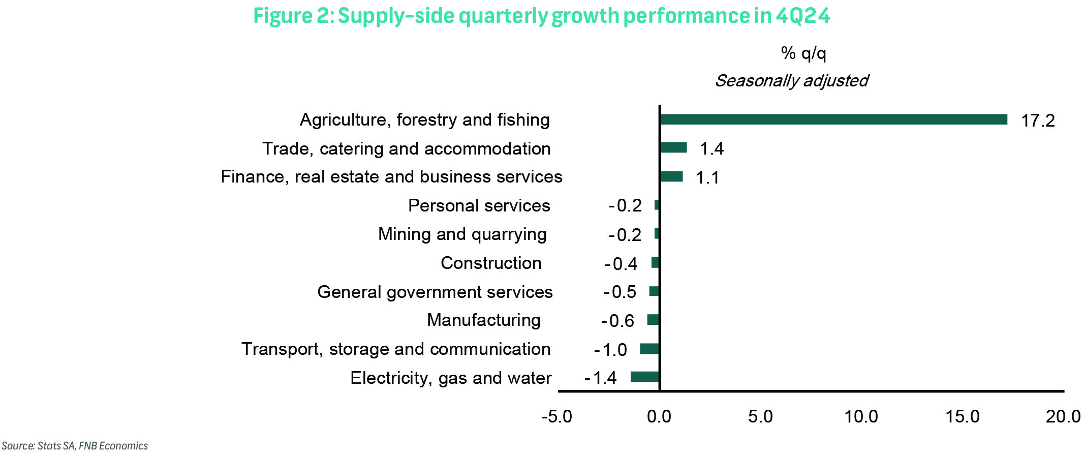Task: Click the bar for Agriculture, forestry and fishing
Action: [833, 119]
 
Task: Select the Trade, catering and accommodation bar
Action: [673, 147]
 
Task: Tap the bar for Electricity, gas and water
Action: [644, 377]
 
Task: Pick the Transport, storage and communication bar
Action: [649, 349]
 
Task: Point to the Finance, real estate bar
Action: [671, 176]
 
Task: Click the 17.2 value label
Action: [1038, 120]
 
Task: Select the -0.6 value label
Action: [617, 321]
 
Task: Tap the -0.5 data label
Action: [620, 292]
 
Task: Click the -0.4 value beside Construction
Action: [621, 263]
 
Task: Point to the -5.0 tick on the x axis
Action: [557, 416]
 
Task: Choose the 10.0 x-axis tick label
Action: [861, 416]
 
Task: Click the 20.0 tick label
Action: [1063, 416]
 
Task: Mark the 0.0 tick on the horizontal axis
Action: [659, 416]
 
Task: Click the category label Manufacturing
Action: [484, 320]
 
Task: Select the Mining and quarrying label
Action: [462, 234]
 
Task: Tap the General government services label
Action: [435, 292]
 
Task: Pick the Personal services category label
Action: [479, 205]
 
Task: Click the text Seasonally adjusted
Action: [792, 80]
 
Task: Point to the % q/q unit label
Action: [803, 53]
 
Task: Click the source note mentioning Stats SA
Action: [75, 446]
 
